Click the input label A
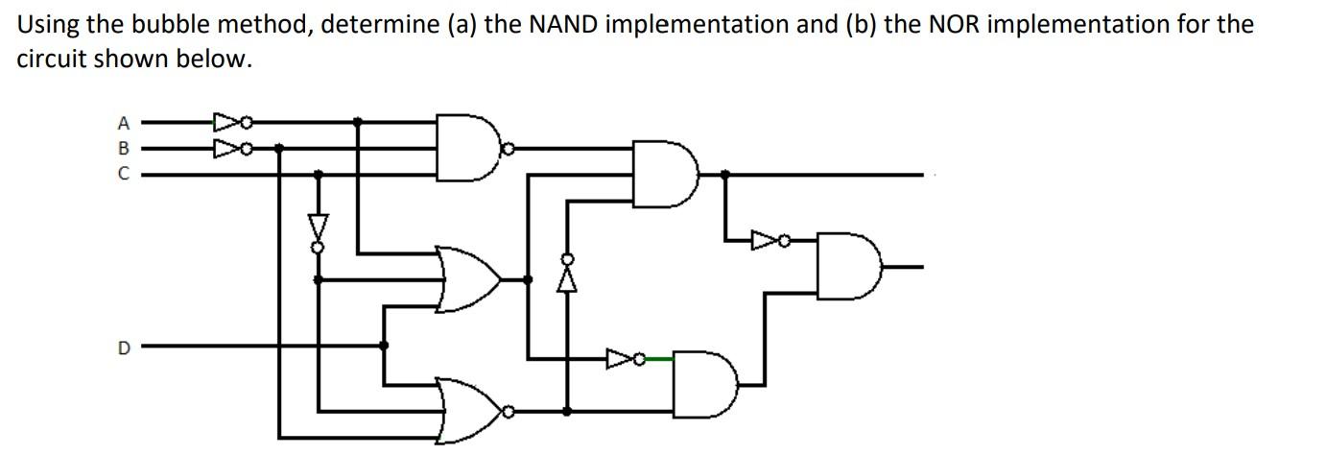[x=123, y=123]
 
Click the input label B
[x=123, y=149]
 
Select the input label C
[x=123, y=175]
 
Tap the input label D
[x=123, y=347]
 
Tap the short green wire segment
[x=657, y=359]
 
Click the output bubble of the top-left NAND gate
[x=509, y=149]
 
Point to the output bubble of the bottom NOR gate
[x=509, y=411]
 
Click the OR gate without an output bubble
[x=467, y=279]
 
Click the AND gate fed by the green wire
[x=704, y=384]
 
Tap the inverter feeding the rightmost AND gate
[x=770, y=239]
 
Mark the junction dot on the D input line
[x=384, y=346]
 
